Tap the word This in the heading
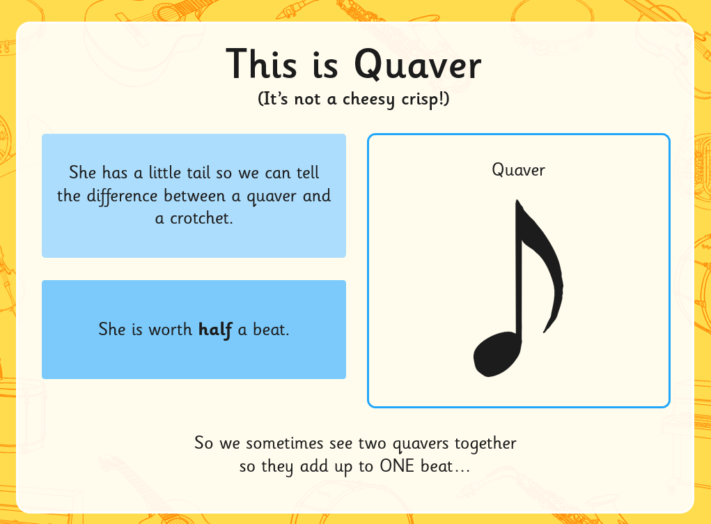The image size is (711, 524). [261, 63]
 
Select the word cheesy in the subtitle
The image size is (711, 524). [368, 100]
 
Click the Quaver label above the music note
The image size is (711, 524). [518, 170]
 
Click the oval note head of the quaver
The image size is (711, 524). [497, 354]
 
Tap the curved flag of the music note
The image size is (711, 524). [542, 268]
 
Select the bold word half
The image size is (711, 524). [215, 330]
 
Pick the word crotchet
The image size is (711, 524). [201, 219]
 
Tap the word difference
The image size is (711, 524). [122, 196]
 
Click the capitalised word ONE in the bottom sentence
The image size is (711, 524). [397, 466]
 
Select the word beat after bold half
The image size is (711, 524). [271, 330]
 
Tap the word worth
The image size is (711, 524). [171, 330]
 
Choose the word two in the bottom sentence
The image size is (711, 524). [372, 443]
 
